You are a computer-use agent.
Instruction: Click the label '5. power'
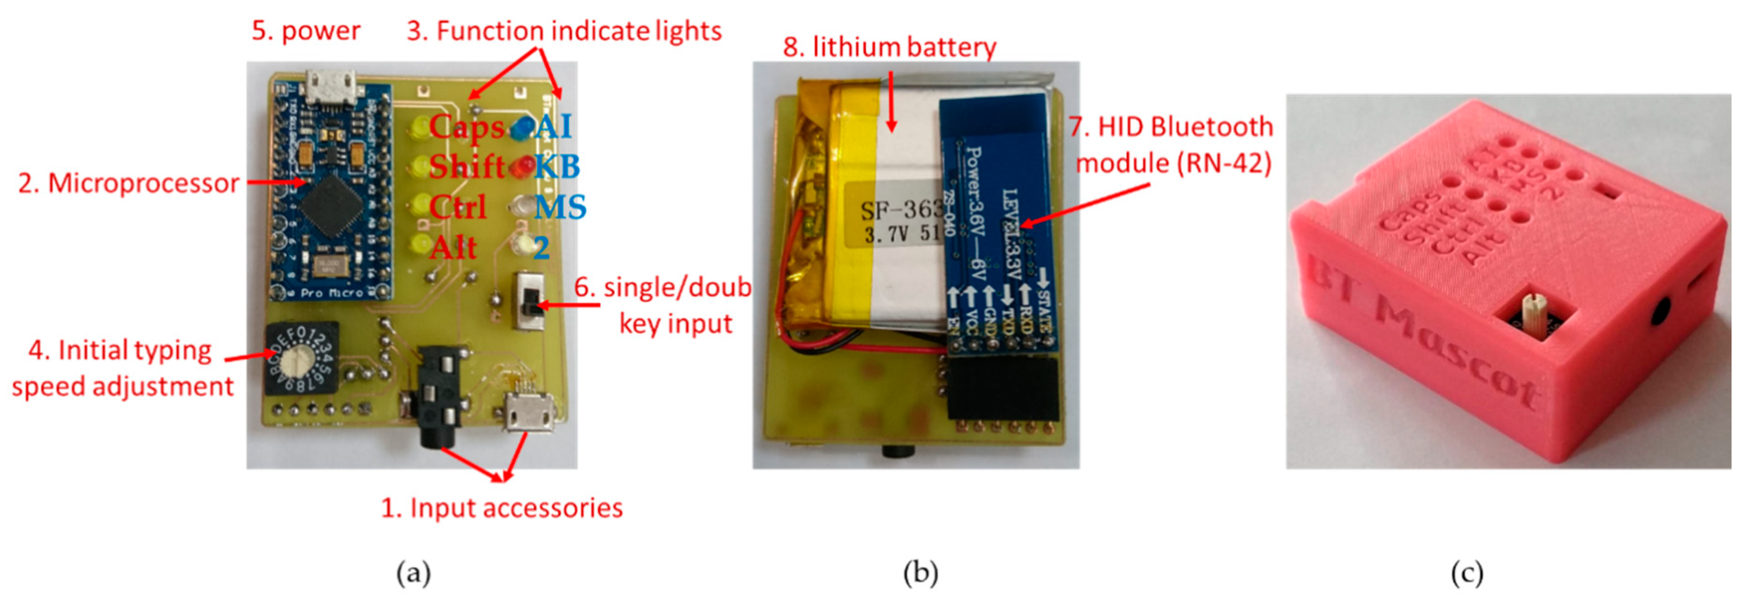pos(306,31)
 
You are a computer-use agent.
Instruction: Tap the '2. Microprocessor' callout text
pos(129,183)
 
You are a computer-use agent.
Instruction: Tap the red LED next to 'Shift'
pos(523,167)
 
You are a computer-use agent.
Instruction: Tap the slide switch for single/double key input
pos(530,302)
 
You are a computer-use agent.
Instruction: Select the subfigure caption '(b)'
pos(921,573)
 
